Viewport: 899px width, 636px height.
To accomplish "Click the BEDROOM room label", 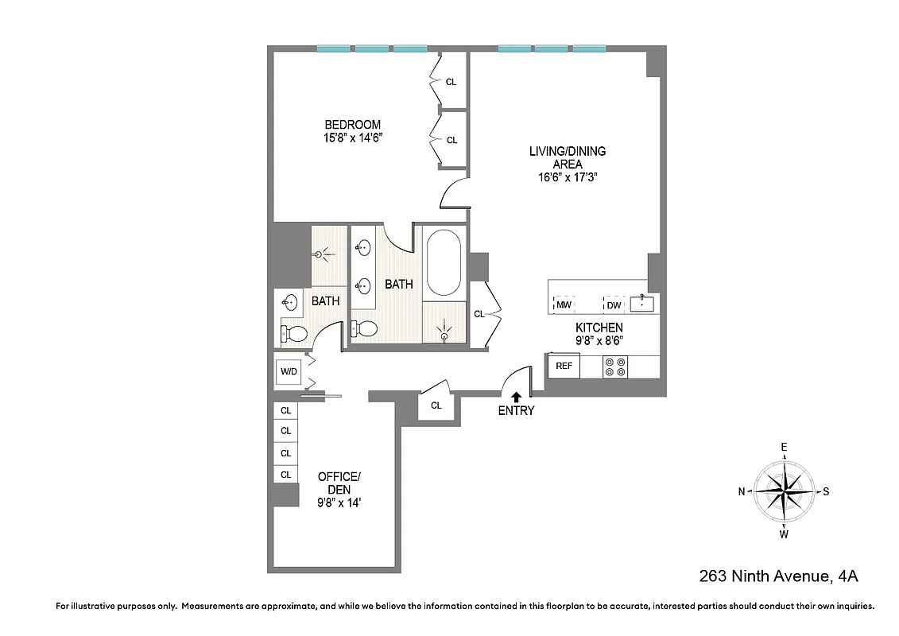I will (x=352, y=125).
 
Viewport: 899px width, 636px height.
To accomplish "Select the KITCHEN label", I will (x=599, y=327).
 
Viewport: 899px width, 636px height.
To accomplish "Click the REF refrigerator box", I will (x=564, y=366).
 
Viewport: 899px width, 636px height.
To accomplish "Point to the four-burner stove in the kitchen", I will (x=615, y=366).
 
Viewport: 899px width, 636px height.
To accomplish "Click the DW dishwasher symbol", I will (x=613, y=304).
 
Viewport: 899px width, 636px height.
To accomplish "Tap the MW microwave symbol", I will (x=564, y=304).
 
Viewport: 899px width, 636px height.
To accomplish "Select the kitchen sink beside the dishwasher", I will (x=641, y=303).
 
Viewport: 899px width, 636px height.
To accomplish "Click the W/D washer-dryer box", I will (x=287, y=371).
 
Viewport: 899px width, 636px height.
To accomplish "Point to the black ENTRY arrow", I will (x=516, y=396).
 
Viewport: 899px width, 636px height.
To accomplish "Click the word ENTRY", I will (x=516, y=411).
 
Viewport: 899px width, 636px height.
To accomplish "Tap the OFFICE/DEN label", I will (x=339, y=483).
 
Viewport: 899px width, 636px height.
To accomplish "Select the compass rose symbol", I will (x=784, y=491).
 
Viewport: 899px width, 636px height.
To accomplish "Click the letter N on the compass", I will (x=742, y=491).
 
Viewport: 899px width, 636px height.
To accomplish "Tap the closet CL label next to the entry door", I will (x=436, y=405).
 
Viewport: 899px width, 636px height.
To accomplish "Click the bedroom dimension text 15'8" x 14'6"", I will (x=352, y=138).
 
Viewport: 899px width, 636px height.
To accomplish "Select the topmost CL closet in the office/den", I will (x=285, y=411).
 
